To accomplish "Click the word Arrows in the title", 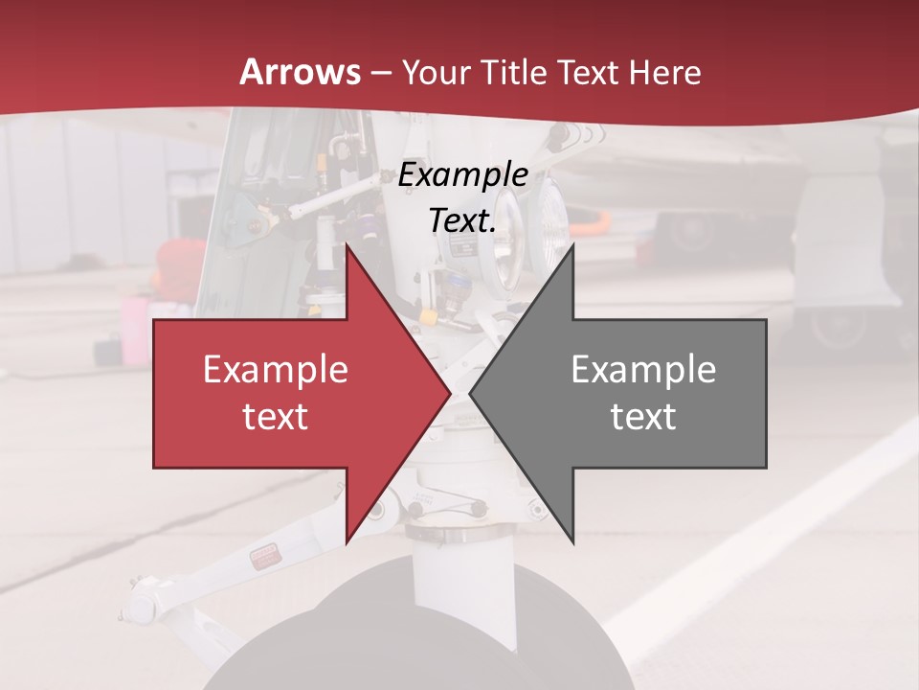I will click(x=301, y=72).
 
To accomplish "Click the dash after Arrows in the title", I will click(x=380, y=73).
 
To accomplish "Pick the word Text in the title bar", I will click(x=586, y=73).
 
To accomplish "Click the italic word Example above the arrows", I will click(x=462, y=174).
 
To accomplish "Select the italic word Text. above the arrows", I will click(x=462, y=220).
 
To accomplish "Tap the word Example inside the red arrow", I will click(x=276, y=370).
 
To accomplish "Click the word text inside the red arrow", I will click(x=276, y=416).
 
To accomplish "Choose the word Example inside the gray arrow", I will click(x=643, y=370).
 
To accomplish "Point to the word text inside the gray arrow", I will click(x=643, y=416).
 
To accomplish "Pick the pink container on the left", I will click(x=134, y=331).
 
